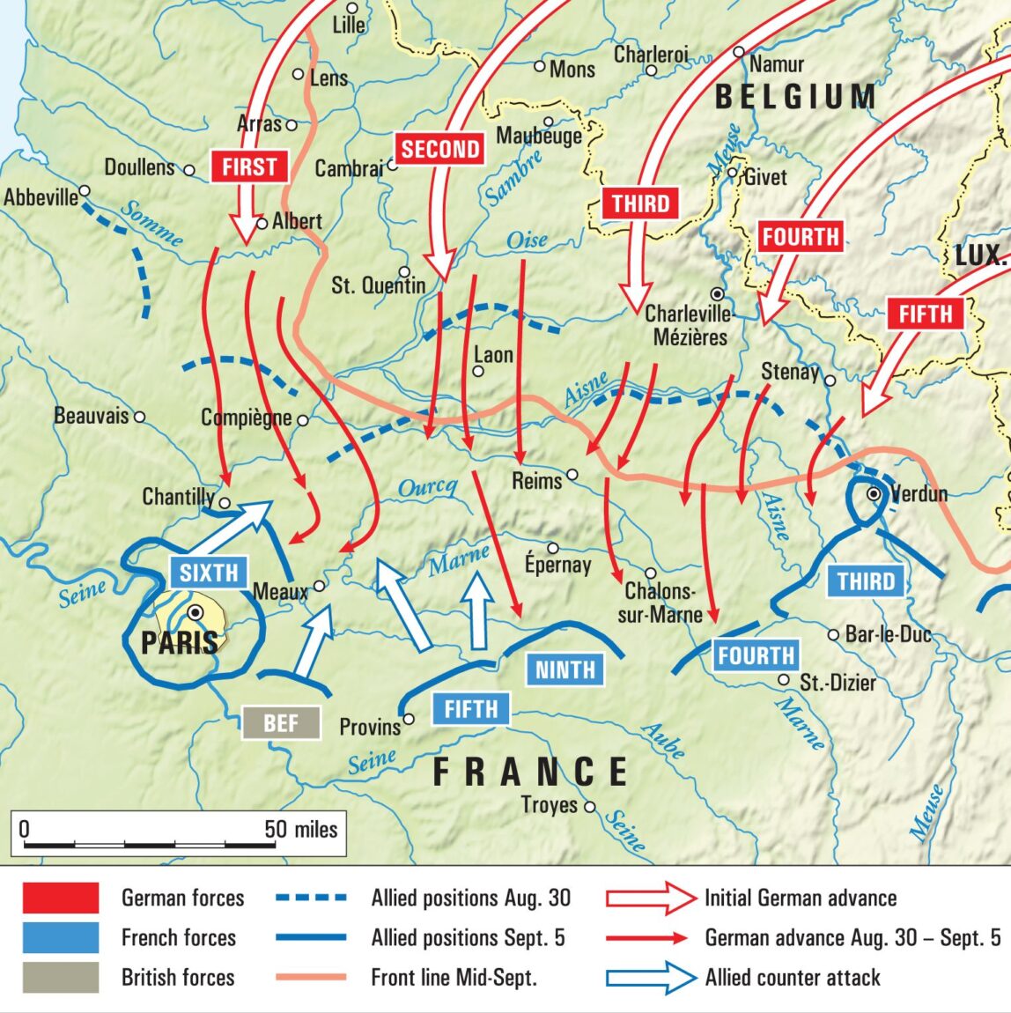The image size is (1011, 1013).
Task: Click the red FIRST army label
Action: [x=249, y=166]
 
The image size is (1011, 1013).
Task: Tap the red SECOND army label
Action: [x=440, y=149]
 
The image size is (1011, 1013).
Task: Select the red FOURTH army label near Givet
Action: [x=800, y=237]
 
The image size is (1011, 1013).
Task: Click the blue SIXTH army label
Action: [x=209, y=573]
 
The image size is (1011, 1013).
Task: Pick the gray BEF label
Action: [x=281, y=723]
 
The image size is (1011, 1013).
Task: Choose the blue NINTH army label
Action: [x=565, y=669]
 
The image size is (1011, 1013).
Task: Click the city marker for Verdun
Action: [x=874, y=494]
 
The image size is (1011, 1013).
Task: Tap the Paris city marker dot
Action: [x=196, y=611]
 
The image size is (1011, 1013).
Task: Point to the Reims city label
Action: [x=536, y=481]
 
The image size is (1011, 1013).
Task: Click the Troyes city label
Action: [x=550, y=805]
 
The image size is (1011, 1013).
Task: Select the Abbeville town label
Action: [x=41, y=197]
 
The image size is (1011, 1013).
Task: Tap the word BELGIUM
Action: [x=795, y=97]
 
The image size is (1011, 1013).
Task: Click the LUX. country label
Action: [x=980, y=256]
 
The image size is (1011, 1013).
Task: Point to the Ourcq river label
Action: [x=428, y=488]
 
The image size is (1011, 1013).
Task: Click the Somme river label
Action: [x=151, y=224]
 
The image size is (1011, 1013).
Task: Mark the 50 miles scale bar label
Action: [x=300, y=829]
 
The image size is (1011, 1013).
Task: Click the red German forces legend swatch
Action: [x=60, y=898]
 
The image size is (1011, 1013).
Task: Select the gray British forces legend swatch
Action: [x=60, y=978]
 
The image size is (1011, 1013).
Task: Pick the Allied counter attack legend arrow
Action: [x=651, y=978]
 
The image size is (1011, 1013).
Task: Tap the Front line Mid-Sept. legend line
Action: [x=311, y=977]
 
